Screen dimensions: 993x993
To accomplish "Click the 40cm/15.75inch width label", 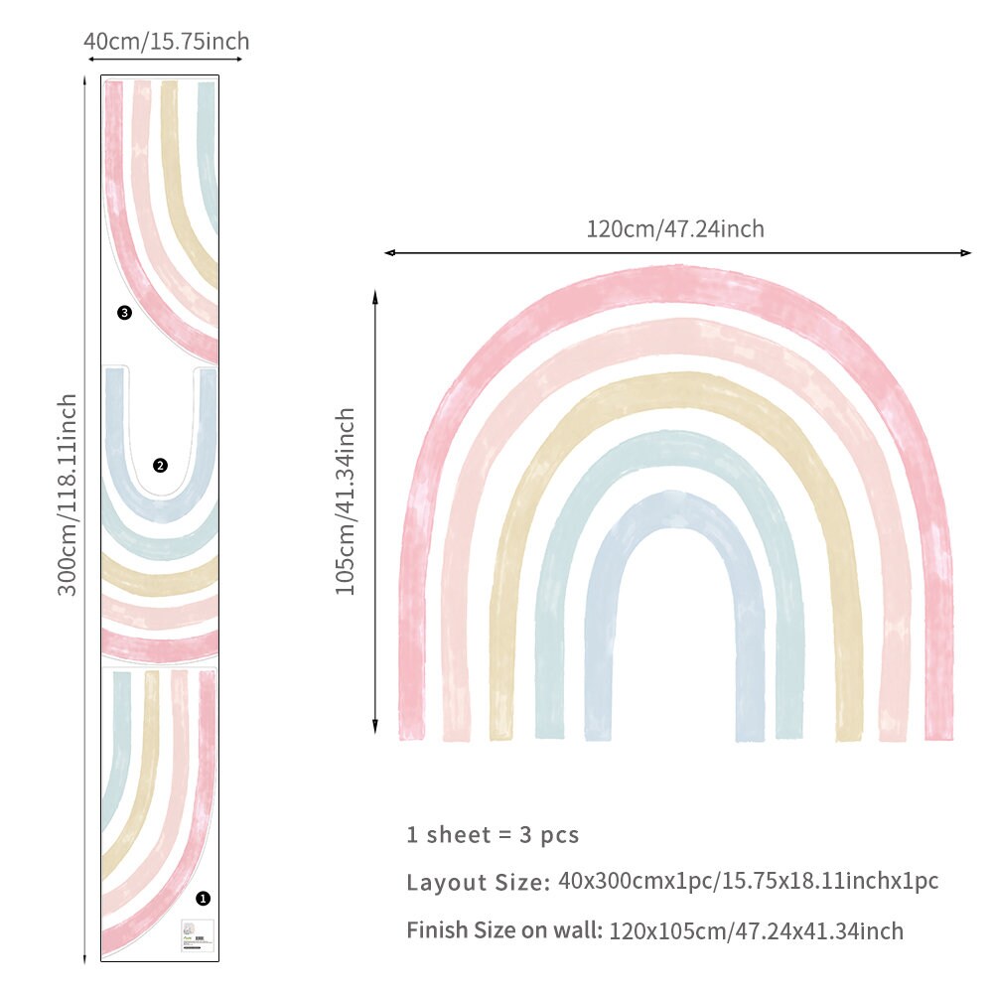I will coord(166,42).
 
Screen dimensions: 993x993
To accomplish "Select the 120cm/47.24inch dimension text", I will coord(675,229).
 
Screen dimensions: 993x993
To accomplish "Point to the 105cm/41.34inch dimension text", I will coord(345,501).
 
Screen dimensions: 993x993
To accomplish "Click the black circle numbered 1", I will coord(204,898).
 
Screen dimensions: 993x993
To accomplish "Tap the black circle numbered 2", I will coord(160,465).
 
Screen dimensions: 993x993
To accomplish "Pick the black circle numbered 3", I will coord(124,313).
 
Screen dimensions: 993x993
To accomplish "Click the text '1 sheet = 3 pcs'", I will coord(493,834).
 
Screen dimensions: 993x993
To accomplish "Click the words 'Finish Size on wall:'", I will coord(504,931).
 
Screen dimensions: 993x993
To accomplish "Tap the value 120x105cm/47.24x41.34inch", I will coord(757,931).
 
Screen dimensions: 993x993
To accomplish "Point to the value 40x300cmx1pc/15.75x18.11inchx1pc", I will coord(749,881).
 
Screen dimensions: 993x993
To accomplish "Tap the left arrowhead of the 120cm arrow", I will coord(388,253).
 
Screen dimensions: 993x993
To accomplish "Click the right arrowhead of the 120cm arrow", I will coord(968,253).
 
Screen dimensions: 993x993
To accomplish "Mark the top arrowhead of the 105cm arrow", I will coord(375,294).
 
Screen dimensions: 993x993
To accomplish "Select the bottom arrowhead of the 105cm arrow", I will coord(375,729).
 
